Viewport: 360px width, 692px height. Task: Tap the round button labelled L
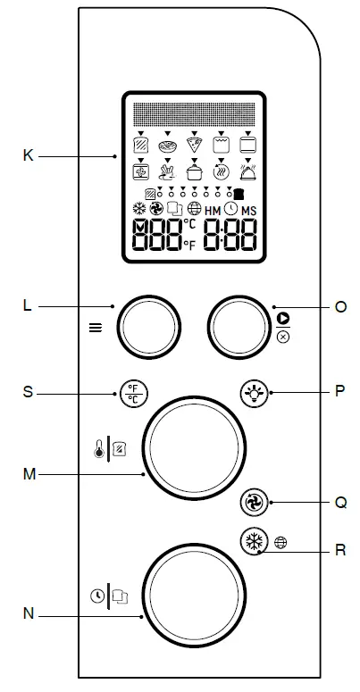(x=143, y=326)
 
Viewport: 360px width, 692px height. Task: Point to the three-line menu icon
(x=96, y=327)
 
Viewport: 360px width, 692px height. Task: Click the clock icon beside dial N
(x=97, y=594)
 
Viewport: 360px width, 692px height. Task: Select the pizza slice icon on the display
(x=194, y=144)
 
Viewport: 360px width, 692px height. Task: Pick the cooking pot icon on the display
(x=194, y=171)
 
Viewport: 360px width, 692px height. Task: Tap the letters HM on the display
(x=212, y=210)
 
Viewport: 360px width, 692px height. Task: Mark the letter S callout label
(x=29, y=391)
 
